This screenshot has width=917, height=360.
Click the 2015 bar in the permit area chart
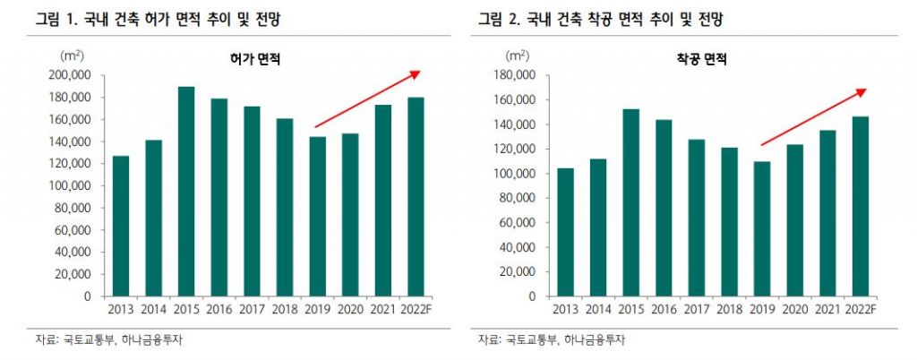[x=186, y=192]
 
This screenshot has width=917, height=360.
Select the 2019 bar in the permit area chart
[x=317, y=216]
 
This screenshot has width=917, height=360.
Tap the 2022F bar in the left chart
[x=416, y=197]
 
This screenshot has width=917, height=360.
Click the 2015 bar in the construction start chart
[x=630, y=202]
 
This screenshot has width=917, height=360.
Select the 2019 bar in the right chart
[x=761, y=228]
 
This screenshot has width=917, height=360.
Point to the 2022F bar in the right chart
[x=860, y=206]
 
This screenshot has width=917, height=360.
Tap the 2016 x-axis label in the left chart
[x=219, y=310]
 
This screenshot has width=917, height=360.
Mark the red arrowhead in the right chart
[x=861, y=91]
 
